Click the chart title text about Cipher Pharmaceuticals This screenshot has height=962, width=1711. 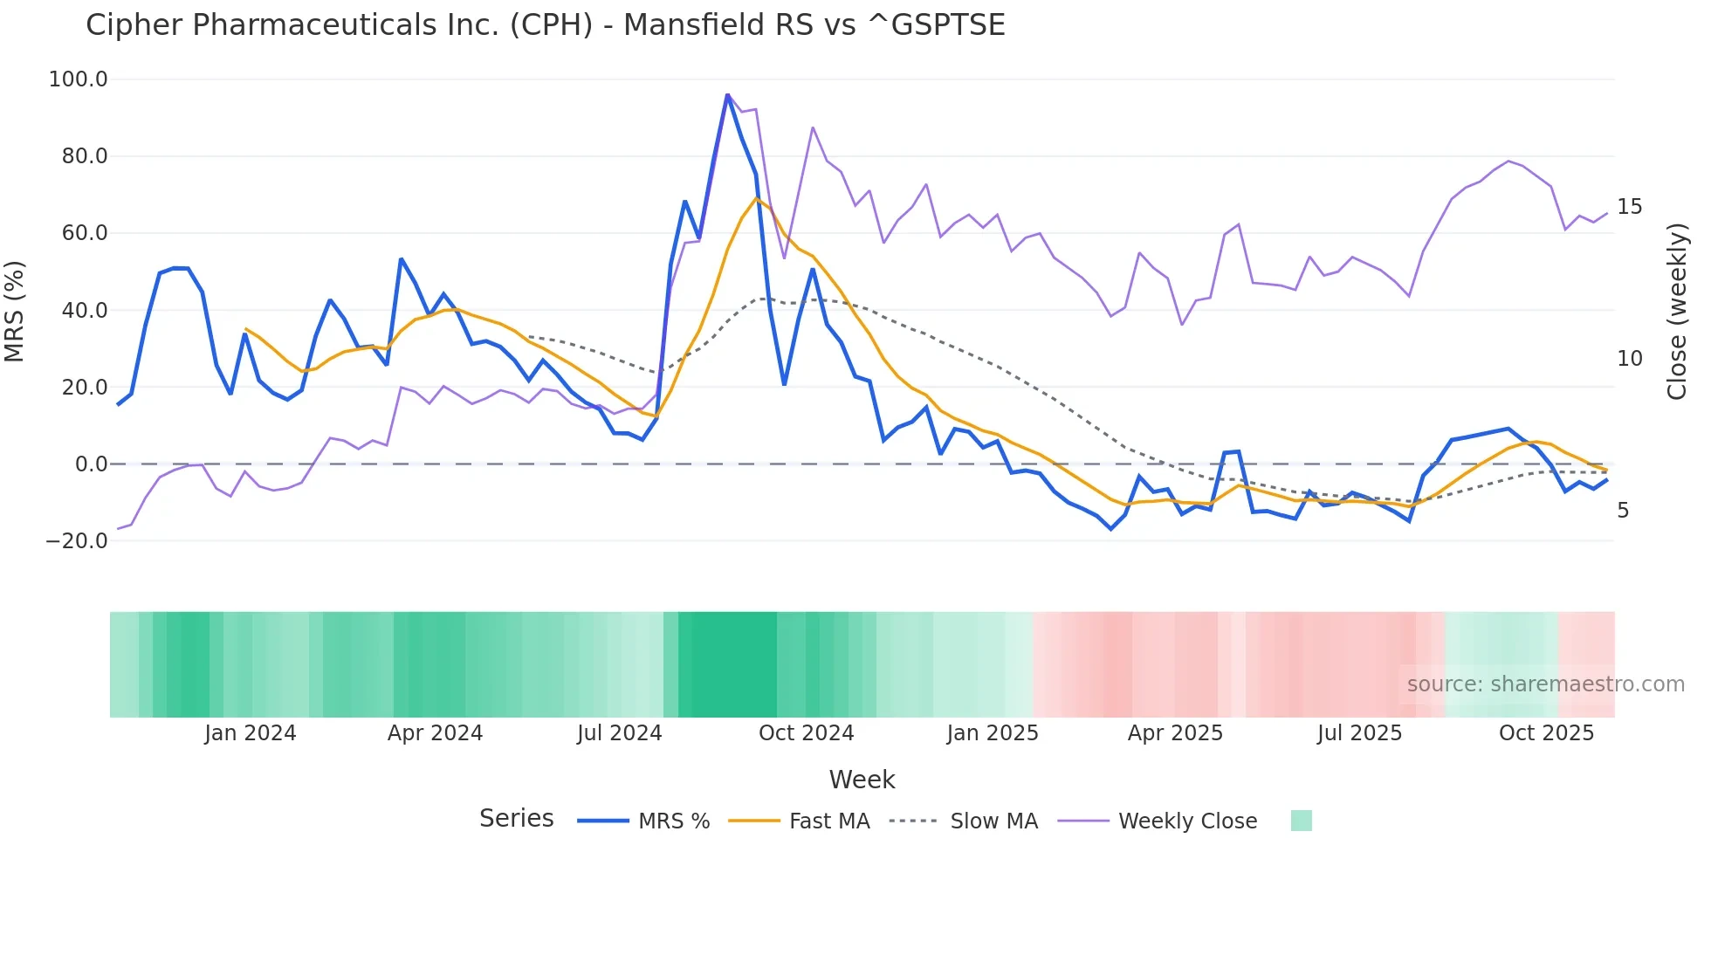pos(545,25)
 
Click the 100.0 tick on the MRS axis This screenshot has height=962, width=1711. pos(79,79)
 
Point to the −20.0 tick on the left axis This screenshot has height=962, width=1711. pos(76,541)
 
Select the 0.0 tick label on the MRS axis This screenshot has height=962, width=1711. pos(91,464)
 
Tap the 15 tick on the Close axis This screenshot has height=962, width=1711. pos(1629,207)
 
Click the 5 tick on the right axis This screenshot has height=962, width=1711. pos(1623,511)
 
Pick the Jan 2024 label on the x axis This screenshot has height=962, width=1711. pos(251,733)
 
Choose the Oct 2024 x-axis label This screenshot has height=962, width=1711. pos(806,733)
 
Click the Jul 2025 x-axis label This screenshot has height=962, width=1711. pos(1359,733)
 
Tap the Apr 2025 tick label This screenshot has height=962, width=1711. pos(1175,733)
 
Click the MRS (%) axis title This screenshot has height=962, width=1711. pos(15,311)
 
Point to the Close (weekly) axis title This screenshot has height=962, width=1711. pos(1677,311)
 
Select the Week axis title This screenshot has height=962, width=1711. pos(862,780)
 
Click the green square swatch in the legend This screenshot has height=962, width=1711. pos(1301,821)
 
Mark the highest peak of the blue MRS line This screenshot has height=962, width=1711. pos(727,94)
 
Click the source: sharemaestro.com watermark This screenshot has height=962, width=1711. pos(1545,684)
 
